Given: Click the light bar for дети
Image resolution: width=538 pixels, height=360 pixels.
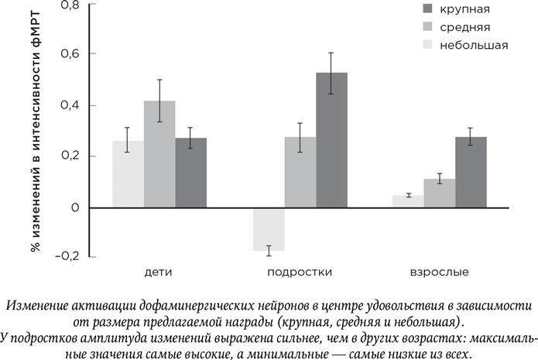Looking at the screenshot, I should pyautogui.click(x=128, y=174).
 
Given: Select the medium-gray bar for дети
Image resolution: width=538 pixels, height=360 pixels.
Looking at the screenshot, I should pyautogui.click(x=159, y=154).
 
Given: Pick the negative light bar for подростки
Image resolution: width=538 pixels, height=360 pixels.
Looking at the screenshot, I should pyautogui.click(x=269, y=229).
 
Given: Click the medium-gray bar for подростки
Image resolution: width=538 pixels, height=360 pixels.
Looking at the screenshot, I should pyautogui.click(x=300, y=172).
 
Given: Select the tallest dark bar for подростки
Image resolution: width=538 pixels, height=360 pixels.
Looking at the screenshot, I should pyautogui.click(x=331, y=140).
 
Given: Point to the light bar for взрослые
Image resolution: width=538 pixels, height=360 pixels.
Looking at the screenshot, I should pyautogui.click(x=408, y=201).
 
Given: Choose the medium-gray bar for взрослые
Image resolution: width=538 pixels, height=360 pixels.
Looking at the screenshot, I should pyautogui.click(x=439, y=194).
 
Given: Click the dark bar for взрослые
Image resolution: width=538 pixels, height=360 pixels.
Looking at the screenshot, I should pyautogui.click(x=471, y=172).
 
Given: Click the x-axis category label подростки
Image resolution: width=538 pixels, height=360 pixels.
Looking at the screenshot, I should pyautogui.click(x=300, y=273).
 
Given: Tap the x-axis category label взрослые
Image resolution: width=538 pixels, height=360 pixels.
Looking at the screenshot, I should pyautogui.click(x=439, y=273).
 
